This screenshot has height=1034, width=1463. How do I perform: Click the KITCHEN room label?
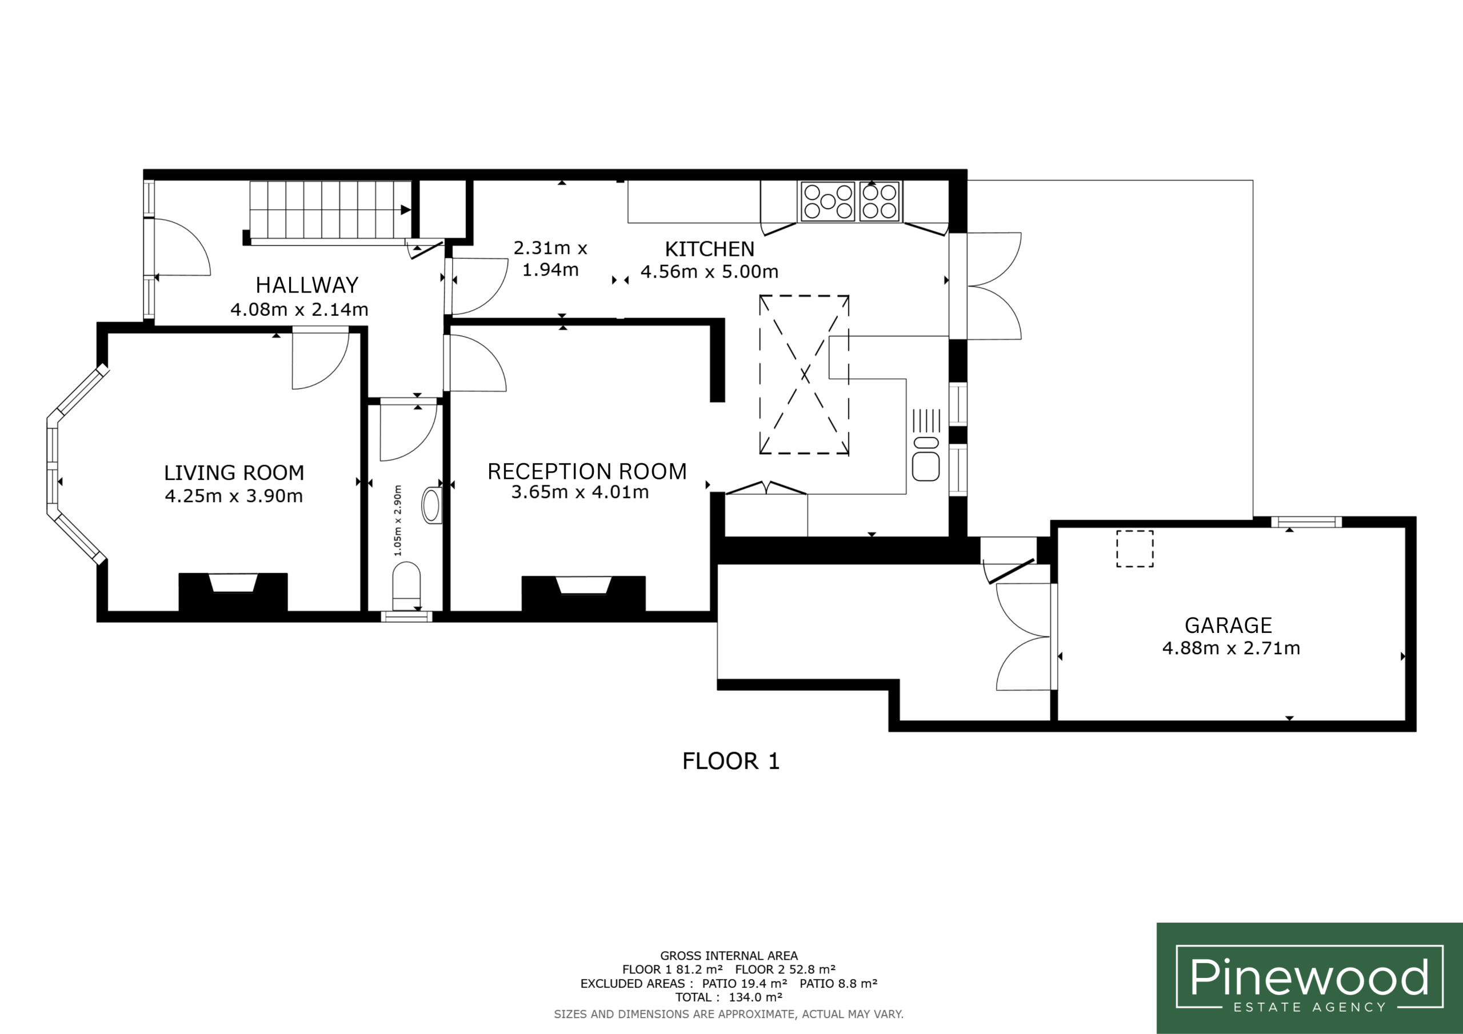(709, 249)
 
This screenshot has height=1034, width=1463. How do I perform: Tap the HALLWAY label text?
(306, 285)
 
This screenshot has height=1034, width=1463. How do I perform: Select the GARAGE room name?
(1228, 625)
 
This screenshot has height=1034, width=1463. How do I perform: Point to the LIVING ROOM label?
(234, 472)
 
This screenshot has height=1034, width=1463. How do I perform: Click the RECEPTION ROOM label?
(587, 471)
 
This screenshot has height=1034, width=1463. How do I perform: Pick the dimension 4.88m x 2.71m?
(1231, 648)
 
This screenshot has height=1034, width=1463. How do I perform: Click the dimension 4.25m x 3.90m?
(234, 496)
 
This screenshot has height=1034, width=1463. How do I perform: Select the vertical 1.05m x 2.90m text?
(398, 520)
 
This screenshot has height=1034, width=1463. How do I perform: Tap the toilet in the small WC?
(406, 587)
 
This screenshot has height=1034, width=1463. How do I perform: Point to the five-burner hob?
(828, 201)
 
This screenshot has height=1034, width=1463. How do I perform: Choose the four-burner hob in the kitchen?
(880, 201)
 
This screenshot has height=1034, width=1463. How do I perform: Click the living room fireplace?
(233, 592)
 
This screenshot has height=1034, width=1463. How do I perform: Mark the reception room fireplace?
(583, 594)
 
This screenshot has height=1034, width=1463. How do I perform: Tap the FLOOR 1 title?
(731, 762)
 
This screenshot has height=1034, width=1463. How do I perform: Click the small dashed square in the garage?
(1135, 548)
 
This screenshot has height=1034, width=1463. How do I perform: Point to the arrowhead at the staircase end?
(406, 210)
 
